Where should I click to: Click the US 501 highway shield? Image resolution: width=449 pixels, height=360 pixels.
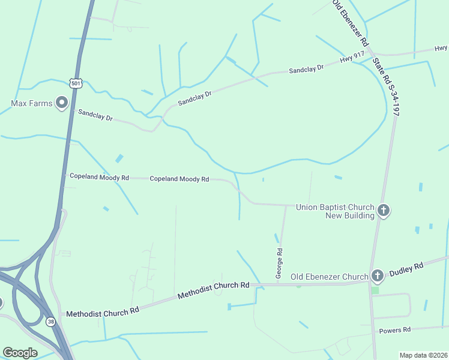click(75, 83)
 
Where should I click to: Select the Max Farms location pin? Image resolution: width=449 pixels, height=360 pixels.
click(62, 103)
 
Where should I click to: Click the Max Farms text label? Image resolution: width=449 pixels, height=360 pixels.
click(32, 103)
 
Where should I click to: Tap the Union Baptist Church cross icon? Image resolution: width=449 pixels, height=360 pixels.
click(384, 211)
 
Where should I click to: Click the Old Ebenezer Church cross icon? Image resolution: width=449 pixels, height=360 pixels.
click(377, 276)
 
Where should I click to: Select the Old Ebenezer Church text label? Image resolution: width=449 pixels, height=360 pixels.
click(329, 277)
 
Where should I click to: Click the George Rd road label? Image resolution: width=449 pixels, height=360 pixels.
click(279, 263)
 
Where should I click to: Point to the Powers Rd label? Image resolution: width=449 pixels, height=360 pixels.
click(394, 330)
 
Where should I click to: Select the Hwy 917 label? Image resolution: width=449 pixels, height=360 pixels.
click(352, 58)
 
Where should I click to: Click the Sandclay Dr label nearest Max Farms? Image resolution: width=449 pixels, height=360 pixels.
click(95, 115)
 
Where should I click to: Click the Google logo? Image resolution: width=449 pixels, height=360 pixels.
click(20, 353)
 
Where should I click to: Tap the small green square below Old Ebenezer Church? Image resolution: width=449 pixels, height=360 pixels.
click(375, 290)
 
